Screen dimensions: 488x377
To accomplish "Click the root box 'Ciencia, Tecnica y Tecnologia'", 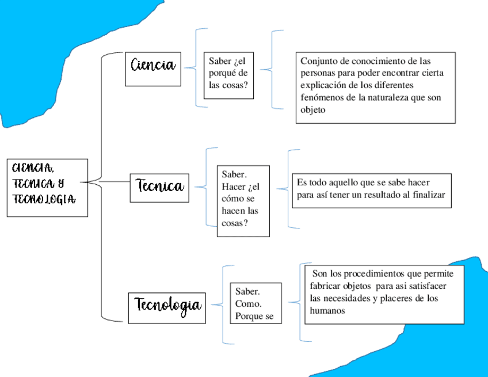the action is (47, 188).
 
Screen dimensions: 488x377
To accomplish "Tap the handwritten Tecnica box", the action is (159, 186).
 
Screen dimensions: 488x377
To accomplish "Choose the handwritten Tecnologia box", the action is (166, 307).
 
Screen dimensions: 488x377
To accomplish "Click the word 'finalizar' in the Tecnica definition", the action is (429, 195).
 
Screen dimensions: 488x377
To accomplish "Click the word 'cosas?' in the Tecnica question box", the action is (234, 223).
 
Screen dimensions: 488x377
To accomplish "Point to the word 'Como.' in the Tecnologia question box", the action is (248, 304).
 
